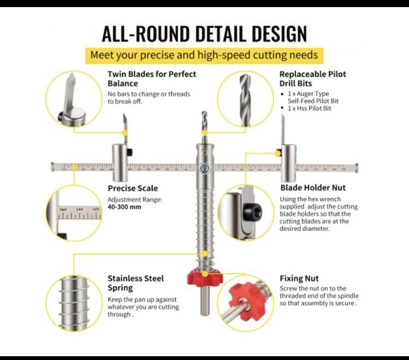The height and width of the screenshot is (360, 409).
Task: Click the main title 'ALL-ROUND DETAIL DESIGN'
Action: coord(204,33)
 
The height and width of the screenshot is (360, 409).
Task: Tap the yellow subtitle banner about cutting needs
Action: coord(204,55)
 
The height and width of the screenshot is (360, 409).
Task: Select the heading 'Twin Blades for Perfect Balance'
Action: coord(152,79)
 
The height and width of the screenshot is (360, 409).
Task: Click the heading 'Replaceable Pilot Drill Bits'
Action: coord(312,79)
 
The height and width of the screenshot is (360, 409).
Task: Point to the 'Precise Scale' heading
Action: coord(133,188)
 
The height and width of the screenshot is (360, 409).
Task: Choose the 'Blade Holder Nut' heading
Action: coord(312,188)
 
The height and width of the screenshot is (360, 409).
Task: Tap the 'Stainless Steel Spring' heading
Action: coord(135,283)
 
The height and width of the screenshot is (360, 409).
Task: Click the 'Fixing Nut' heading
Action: coord(299,278)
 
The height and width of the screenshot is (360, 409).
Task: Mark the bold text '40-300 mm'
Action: coord(124,207)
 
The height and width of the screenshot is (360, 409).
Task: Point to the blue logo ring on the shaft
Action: coord(204,169)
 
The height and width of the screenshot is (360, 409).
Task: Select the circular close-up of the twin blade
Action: coord(73,99)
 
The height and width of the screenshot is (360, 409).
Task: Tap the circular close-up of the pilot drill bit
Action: coord(244,99)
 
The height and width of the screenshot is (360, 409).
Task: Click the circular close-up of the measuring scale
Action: coord(73,212)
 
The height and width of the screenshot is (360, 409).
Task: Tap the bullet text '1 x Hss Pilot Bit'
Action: coord(309,109)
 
